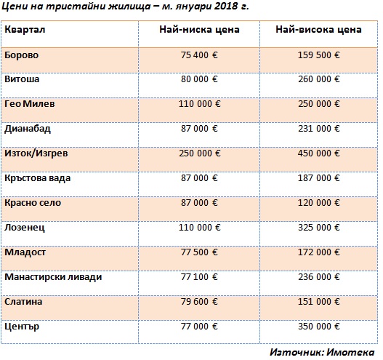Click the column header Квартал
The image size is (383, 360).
(x=25, y=30)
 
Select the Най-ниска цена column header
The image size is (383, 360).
(x=199, y=30)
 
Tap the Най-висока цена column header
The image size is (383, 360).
(x=318, y=30)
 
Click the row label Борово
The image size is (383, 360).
(x=22, y=55)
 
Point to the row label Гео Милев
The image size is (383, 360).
(x=30, y=104)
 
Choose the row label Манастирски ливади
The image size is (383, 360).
(x=53, y=277)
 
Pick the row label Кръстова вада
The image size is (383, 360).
(x=37, y=178)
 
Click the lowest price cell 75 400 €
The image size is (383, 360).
(x=199, y=55)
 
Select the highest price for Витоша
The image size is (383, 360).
(x=319, y=79)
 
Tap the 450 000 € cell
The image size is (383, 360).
(x=319, y=153)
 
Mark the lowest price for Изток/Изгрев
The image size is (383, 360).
(x=200, y=153)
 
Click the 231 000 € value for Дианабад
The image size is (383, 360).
(x=319, y=129)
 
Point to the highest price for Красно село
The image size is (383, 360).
(x=319, y=203)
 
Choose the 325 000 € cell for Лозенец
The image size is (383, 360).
(x=319, y=228)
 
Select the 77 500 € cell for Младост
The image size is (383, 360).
(x=199, y=252)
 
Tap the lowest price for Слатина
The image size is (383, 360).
(x=199, y=302)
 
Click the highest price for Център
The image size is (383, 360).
(x=319, y=327)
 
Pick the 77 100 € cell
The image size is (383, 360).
(x=199, y=277)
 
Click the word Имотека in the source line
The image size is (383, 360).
(x=350, y=353)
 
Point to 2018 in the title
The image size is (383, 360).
(x=227, y=6)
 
